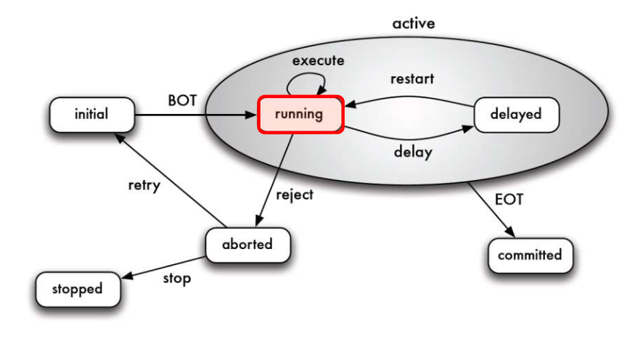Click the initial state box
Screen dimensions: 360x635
[91, 114]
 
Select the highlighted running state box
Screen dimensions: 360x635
[300, 115]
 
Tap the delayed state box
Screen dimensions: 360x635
[516, 115]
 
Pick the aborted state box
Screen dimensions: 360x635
[247, 244]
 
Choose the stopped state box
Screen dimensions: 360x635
[78, 289]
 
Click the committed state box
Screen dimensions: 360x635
[530, 255]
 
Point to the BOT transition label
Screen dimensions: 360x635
[182, 101]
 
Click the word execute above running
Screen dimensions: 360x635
[318, 61]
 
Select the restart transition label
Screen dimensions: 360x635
[412, 78]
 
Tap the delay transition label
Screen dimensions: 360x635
[413, 152]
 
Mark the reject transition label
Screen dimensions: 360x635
[295, 195]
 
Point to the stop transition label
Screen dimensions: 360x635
[177, 278]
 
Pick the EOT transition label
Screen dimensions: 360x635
[508, 198]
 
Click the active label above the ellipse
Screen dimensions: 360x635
[414, 23]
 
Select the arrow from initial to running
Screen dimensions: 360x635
[196, 115]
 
